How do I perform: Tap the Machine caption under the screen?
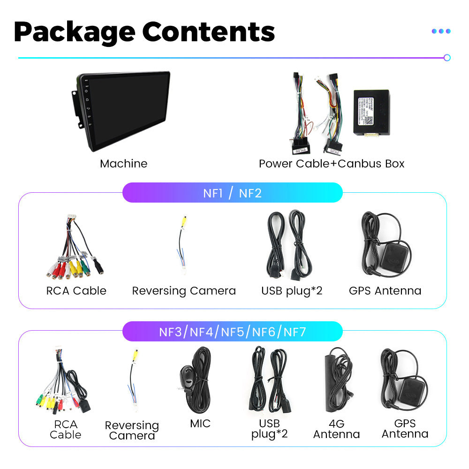pos(123,164)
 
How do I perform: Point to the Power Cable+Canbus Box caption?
pos(331,164)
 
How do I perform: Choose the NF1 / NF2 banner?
pos(232,193)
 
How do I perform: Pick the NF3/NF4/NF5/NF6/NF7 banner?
pos(232,332)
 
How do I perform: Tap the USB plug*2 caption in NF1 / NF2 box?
pos(292,291)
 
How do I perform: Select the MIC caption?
pos(200,424)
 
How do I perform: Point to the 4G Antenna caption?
pos(336,429)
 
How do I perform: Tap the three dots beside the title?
pos(441,31)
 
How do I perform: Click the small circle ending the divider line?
pos(447,58)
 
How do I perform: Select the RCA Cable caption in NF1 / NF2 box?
pos(76,291)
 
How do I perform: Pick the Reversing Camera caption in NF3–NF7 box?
pos(132,431)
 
